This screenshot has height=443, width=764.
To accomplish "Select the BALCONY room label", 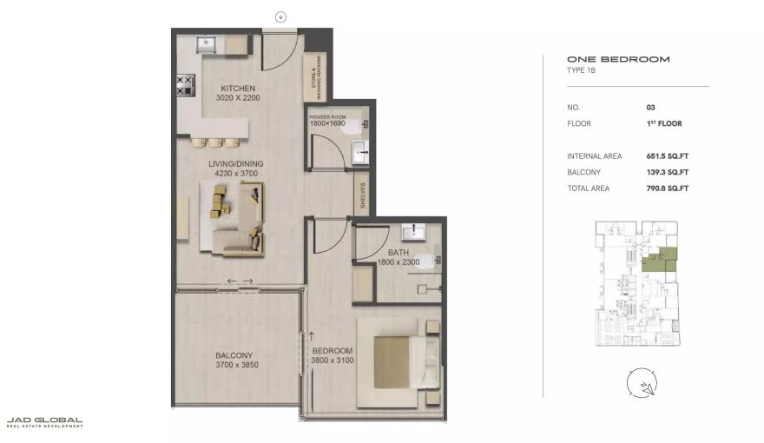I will [x=234, y=354].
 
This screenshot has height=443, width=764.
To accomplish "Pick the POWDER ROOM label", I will [x=327, y=116].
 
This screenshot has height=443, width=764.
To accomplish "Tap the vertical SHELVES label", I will [x=363, y=195].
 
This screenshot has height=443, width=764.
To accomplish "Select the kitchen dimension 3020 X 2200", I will [x=240, y=98].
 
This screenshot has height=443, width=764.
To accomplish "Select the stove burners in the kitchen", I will [x=185, y=84].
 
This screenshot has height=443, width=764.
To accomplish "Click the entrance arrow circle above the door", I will [x=280, y=17].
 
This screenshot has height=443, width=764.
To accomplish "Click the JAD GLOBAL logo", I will [x=44, y=422].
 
